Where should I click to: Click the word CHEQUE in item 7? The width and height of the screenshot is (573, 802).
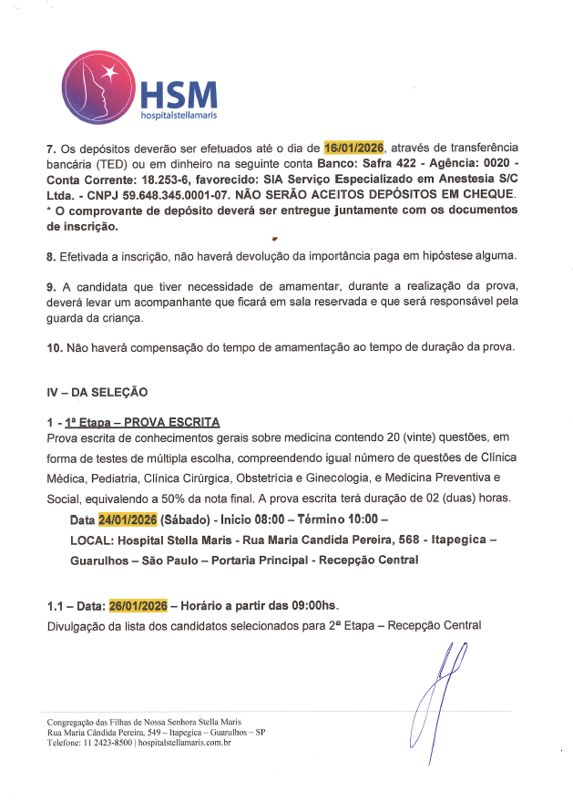coord(488,194)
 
